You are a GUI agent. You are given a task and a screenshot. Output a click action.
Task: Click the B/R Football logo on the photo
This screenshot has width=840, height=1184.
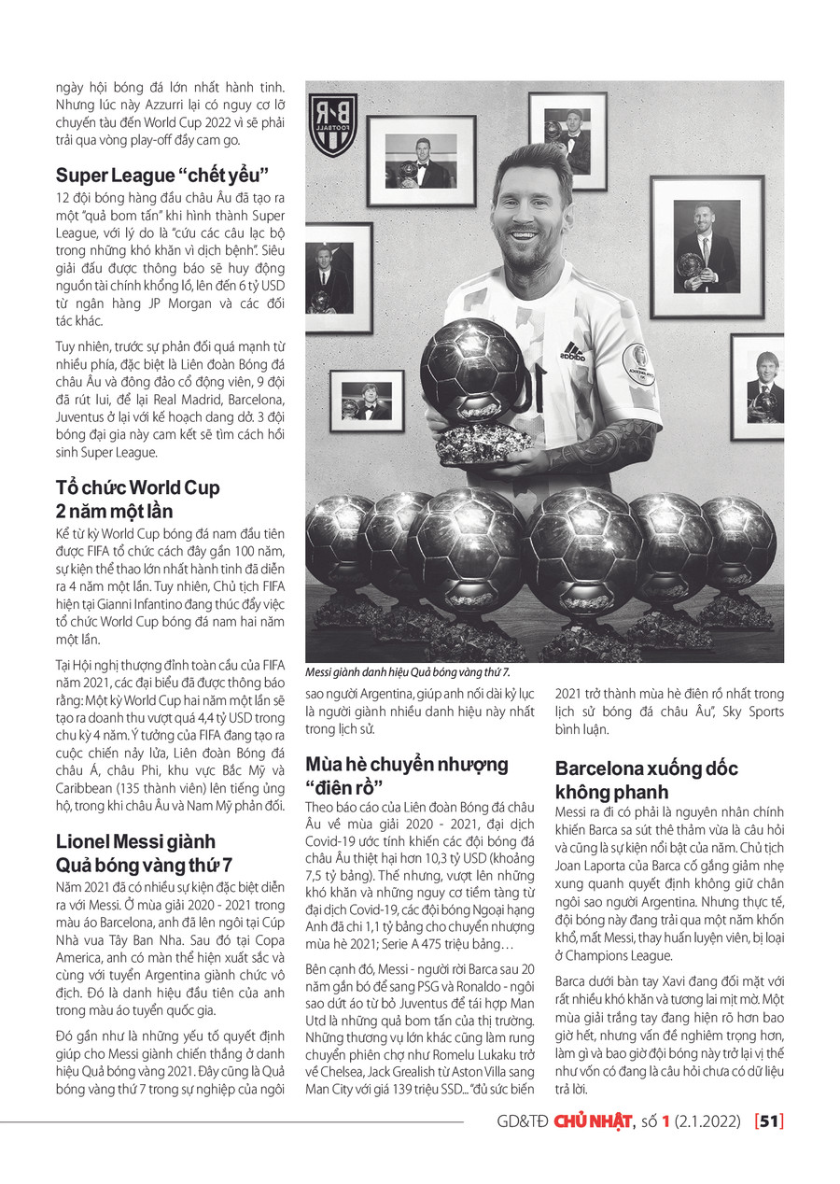point(333,124)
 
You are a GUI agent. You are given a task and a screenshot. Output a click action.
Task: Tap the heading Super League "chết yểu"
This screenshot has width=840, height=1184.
point(162,175)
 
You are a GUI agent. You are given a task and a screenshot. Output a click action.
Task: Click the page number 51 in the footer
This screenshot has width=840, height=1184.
point(769,1121)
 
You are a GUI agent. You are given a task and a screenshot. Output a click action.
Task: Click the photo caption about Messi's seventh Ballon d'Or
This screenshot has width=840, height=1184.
point(408,672)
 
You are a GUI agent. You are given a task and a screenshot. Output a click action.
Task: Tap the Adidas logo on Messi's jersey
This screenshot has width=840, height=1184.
point(572,351)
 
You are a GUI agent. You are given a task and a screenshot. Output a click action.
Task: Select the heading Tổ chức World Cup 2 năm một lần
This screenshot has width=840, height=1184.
point(137,500)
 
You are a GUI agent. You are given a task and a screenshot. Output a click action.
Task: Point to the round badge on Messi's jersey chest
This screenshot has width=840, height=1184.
point(638,363)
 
